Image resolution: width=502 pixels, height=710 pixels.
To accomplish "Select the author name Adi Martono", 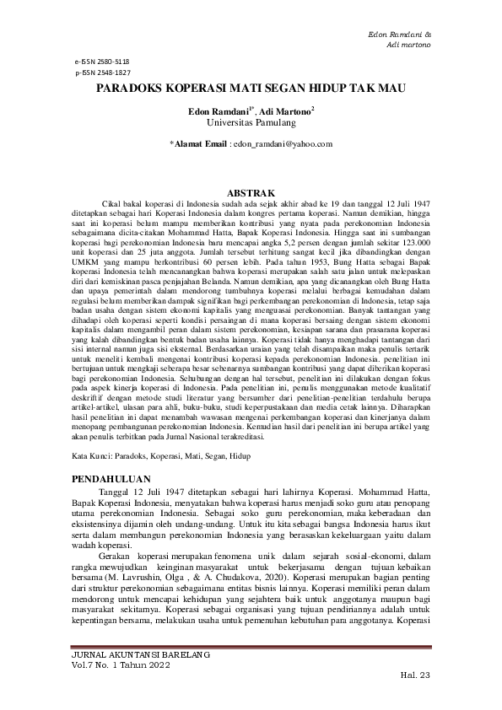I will pos(287,111).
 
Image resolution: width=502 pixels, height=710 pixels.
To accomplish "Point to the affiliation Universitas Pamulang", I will pos(251,123).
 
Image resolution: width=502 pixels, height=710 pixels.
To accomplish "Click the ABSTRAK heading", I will pos(251,191).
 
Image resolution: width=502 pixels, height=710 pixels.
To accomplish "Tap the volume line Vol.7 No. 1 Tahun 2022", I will pos(121,665).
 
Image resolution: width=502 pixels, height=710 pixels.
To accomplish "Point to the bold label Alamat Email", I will pos(201,145).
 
